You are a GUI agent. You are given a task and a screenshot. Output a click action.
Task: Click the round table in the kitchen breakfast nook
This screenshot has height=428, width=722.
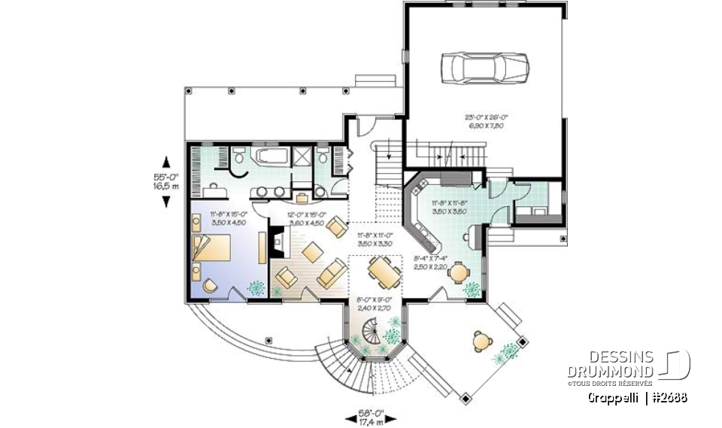tap(455, 273)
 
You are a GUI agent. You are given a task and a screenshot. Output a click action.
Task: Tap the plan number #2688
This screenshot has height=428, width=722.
tap(669, 396)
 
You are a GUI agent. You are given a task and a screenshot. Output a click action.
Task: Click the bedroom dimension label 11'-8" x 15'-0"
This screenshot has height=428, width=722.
tap(229, 218)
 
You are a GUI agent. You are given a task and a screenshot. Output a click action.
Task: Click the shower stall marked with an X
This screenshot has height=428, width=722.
tap(303, 156)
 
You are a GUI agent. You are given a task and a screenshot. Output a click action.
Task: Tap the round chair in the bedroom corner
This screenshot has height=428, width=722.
tap(210, 286)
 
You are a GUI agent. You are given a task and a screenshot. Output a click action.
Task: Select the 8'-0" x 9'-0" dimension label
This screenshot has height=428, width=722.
tap(372, 305)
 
